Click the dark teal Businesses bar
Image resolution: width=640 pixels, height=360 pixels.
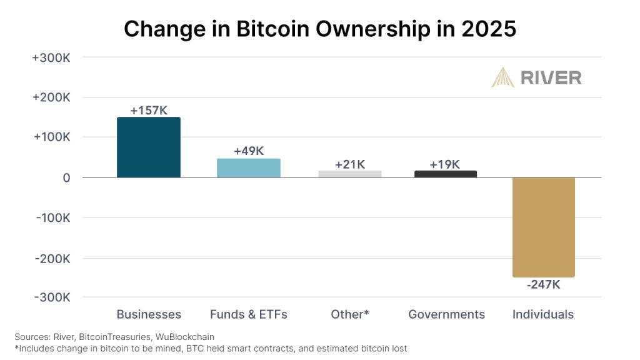[149, 147]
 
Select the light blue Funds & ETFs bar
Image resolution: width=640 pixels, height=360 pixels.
[249, 168]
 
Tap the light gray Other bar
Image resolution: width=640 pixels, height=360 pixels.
[350, 174]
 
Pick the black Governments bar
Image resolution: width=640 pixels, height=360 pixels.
[446, 174]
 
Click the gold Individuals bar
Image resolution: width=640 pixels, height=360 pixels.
[544, 227]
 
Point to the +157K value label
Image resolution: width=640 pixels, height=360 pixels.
[149, 111]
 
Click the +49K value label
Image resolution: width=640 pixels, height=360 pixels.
[249, 151]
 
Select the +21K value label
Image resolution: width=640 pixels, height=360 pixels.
[350, 164]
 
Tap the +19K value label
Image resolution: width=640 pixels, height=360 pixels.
[445, 164]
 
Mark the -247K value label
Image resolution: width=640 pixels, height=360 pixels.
[544, 284]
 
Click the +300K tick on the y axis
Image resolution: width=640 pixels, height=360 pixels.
[51, 57]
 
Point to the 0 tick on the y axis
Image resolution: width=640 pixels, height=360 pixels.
[66, 177]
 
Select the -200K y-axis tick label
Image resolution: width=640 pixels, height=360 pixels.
[51, 258]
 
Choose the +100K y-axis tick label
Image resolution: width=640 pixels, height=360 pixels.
[51, 137]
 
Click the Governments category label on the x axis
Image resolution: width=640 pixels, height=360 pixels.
[446, 314]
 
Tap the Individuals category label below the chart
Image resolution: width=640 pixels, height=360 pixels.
[543, 314]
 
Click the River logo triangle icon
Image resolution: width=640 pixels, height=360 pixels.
[502, 77]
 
